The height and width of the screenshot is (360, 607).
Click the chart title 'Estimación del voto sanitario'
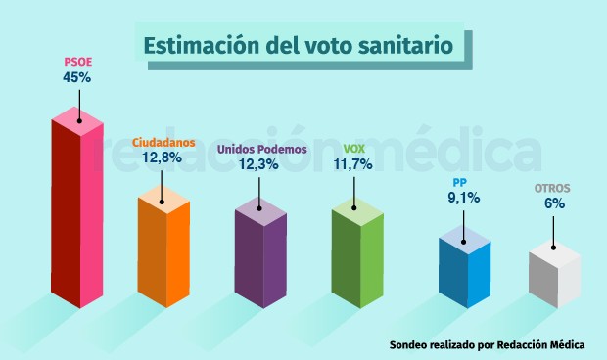299,46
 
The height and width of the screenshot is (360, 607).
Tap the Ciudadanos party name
163,140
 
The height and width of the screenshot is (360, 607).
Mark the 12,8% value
163,157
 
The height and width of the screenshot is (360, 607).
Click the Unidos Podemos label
261,149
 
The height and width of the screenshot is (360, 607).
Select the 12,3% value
261,165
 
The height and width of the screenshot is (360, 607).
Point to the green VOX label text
354,148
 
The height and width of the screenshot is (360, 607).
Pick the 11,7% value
354,164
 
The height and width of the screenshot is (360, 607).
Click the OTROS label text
552,188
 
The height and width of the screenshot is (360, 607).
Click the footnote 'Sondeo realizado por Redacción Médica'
487,345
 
